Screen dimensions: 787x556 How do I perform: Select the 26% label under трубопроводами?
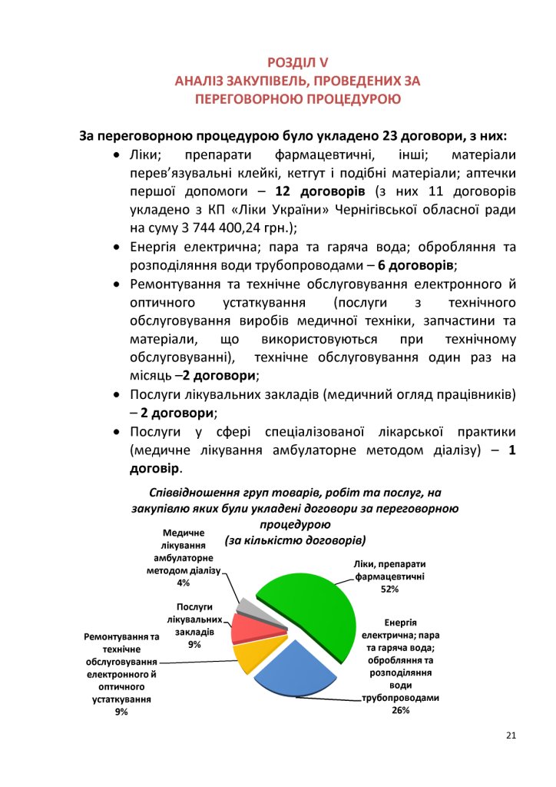point(400,710)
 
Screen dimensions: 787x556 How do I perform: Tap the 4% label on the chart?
point(183,582)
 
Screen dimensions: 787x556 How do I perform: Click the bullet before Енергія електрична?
point(115,247)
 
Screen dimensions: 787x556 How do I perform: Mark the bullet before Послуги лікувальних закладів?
point(115,395)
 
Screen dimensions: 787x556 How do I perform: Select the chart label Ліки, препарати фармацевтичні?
point(390,569)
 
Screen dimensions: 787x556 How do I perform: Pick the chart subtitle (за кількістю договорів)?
point(296,540)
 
